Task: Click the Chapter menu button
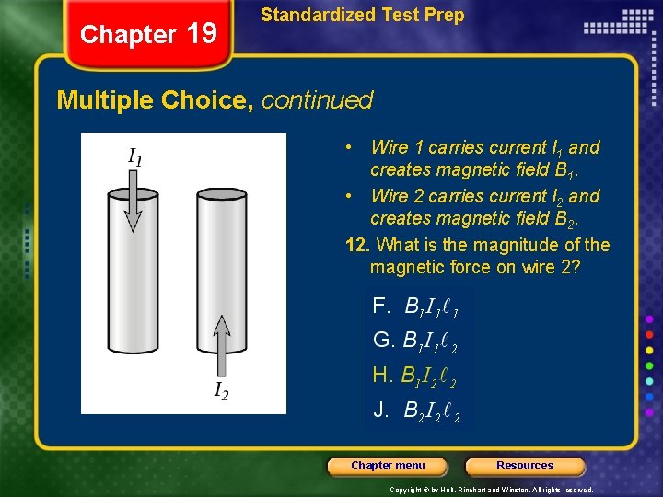coord(388,466)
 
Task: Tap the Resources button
coord(525,466)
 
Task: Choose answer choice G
coord(415,341)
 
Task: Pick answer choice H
coord(415,376)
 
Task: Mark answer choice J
coord(415,410)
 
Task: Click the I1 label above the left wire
coord(134,157)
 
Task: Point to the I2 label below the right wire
coord(221,391)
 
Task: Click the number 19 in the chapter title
coord(202,34)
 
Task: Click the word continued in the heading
coord(317,99)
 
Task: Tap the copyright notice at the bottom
coord(492,490)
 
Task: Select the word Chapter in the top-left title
coord(128,35)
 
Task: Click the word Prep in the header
coord(445,15)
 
